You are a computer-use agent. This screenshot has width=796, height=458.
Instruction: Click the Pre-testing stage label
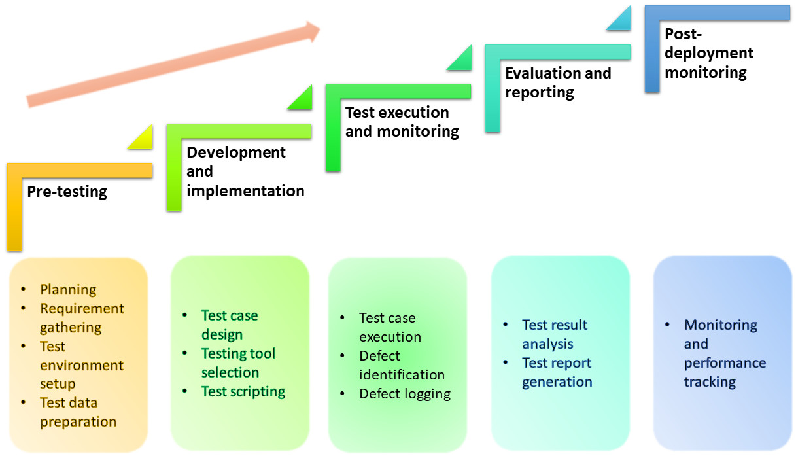click(67, 192)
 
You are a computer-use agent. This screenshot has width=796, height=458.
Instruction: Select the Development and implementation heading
click(245, 171)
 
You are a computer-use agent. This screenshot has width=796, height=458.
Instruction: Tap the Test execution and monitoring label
click(402, 122)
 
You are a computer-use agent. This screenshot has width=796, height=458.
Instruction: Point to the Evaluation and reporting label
click(558, 82)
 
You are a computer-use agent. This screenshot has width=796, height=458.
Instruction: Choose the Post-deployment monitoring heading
click(709, 53)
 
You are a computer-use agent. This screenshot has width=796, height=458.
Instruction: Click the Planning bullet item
click(68, 289)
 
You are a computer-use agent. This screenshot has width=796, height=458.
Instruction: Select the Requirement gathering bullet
click(81, 318)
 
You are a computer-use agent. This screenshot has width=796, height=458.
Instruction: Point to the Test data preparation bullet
click(78, 412)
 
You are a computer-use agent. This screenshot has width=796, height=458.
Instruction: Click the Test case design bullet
click(229, 325)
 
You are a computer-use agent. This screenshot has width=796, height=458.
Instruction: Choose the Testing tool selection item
click(238, 363)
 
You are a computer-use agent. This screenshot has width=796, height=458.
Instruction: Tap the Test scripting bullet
click(243, 391)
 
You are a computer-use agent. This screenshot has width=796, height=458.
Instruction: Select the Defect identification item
click(402, 365)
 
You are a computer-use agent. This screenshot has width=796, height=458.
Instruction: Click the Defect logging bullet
click(404, 394)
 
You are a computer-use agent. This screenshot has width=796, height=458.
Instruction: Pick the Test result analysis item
click(554, 334)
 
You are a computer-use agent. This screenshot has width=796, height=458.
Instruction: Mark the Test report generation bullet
click(557, 372)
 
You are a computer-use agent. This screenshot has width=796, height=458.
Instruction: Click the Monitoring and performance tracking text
click(724, 353)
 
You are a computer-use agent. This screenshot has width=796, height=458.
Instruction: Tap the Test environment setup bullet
click(81, 365)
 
